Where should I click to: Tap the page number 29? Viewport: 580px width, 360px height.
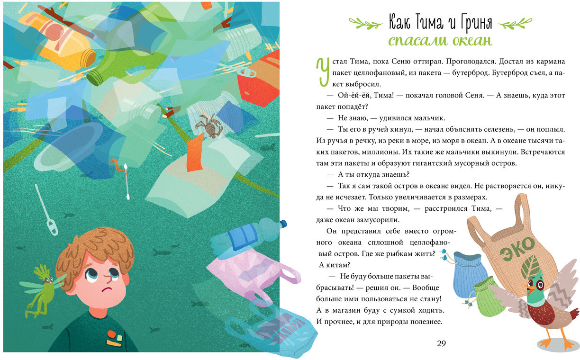[441, 343]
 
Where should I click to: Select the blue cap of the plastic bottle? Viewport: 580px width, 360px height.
[283, 224]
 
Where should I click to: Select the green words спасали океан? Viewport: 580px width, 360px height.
[440, 41]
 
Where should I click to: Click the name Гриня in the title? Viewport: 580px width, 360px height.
[476, 22]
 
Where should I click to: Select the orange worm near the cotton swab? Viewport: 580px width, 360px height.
[117, 165]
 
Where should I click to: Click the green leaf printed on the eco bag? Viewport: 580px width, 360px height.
[529, 267]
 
